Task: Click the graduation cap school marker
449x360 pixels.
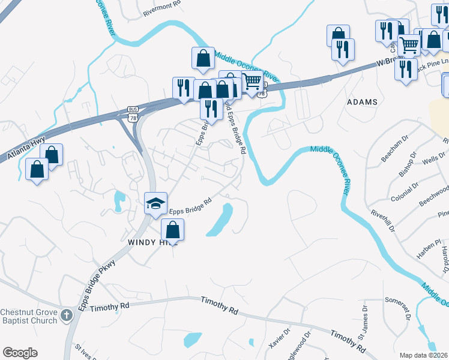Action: click(155, 202)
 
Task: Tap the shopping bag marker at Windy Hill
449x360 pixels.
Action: click(173, 229)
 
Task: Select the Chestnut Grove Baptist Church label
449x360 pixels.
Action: click(29, 316)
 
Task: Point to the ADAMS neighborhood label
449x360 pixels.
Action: click(363, 102)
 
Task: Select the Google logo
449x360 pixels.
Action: click(20, 353)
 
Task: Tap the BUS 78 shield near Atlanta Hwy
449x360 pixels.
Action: click(133, 110)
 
